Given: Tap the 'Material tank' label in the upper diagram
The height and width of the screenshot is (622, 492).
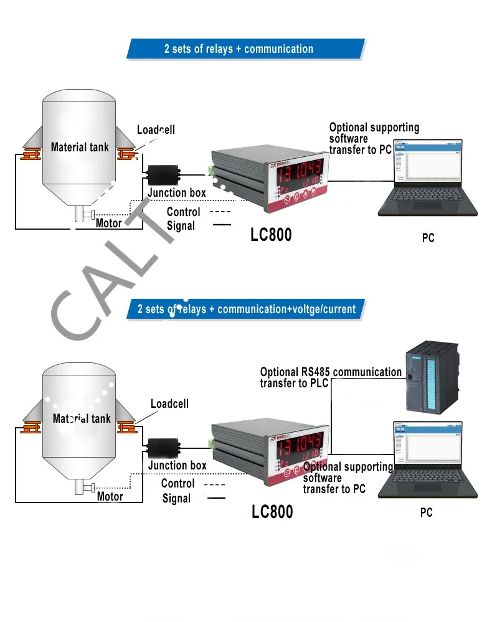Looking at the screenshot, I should click(x=80, y=148).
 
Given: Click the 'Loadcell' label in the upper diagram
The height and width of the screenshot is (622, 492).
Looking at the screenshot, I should click(x=156, y=130).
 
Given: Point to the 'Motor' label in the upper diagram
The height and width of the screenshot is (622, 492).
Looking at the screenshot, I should click(x=109, y=223).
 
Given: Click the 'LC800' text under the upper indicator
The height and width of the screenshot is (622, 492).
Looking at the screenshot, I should click(x=271, y=235).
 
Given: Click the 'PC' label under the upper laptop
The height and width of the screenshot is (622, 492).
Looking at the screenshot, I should click(x=428, y=237).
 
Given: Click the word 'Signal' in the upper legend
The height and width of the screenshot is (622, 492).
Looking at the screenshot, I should click(x=181, y=226).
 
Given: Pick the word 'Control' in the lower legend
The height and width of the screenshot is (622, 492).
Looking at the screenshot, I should click(x=177, y=484).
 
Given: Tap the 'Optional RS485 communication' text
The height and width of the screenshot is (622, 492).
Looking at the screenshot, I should click(x=331, y=372).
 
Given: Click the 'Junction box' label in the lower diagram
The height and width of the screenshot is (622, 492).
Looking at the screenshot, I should click(x=177, y=465).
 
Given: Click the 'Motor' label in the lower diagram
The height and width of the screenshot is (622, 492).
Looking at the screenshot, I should click(x=110, y=496).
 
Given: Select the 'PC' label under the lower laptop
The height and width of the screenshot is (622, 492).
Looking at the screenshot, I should click(x=427, y=513).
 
